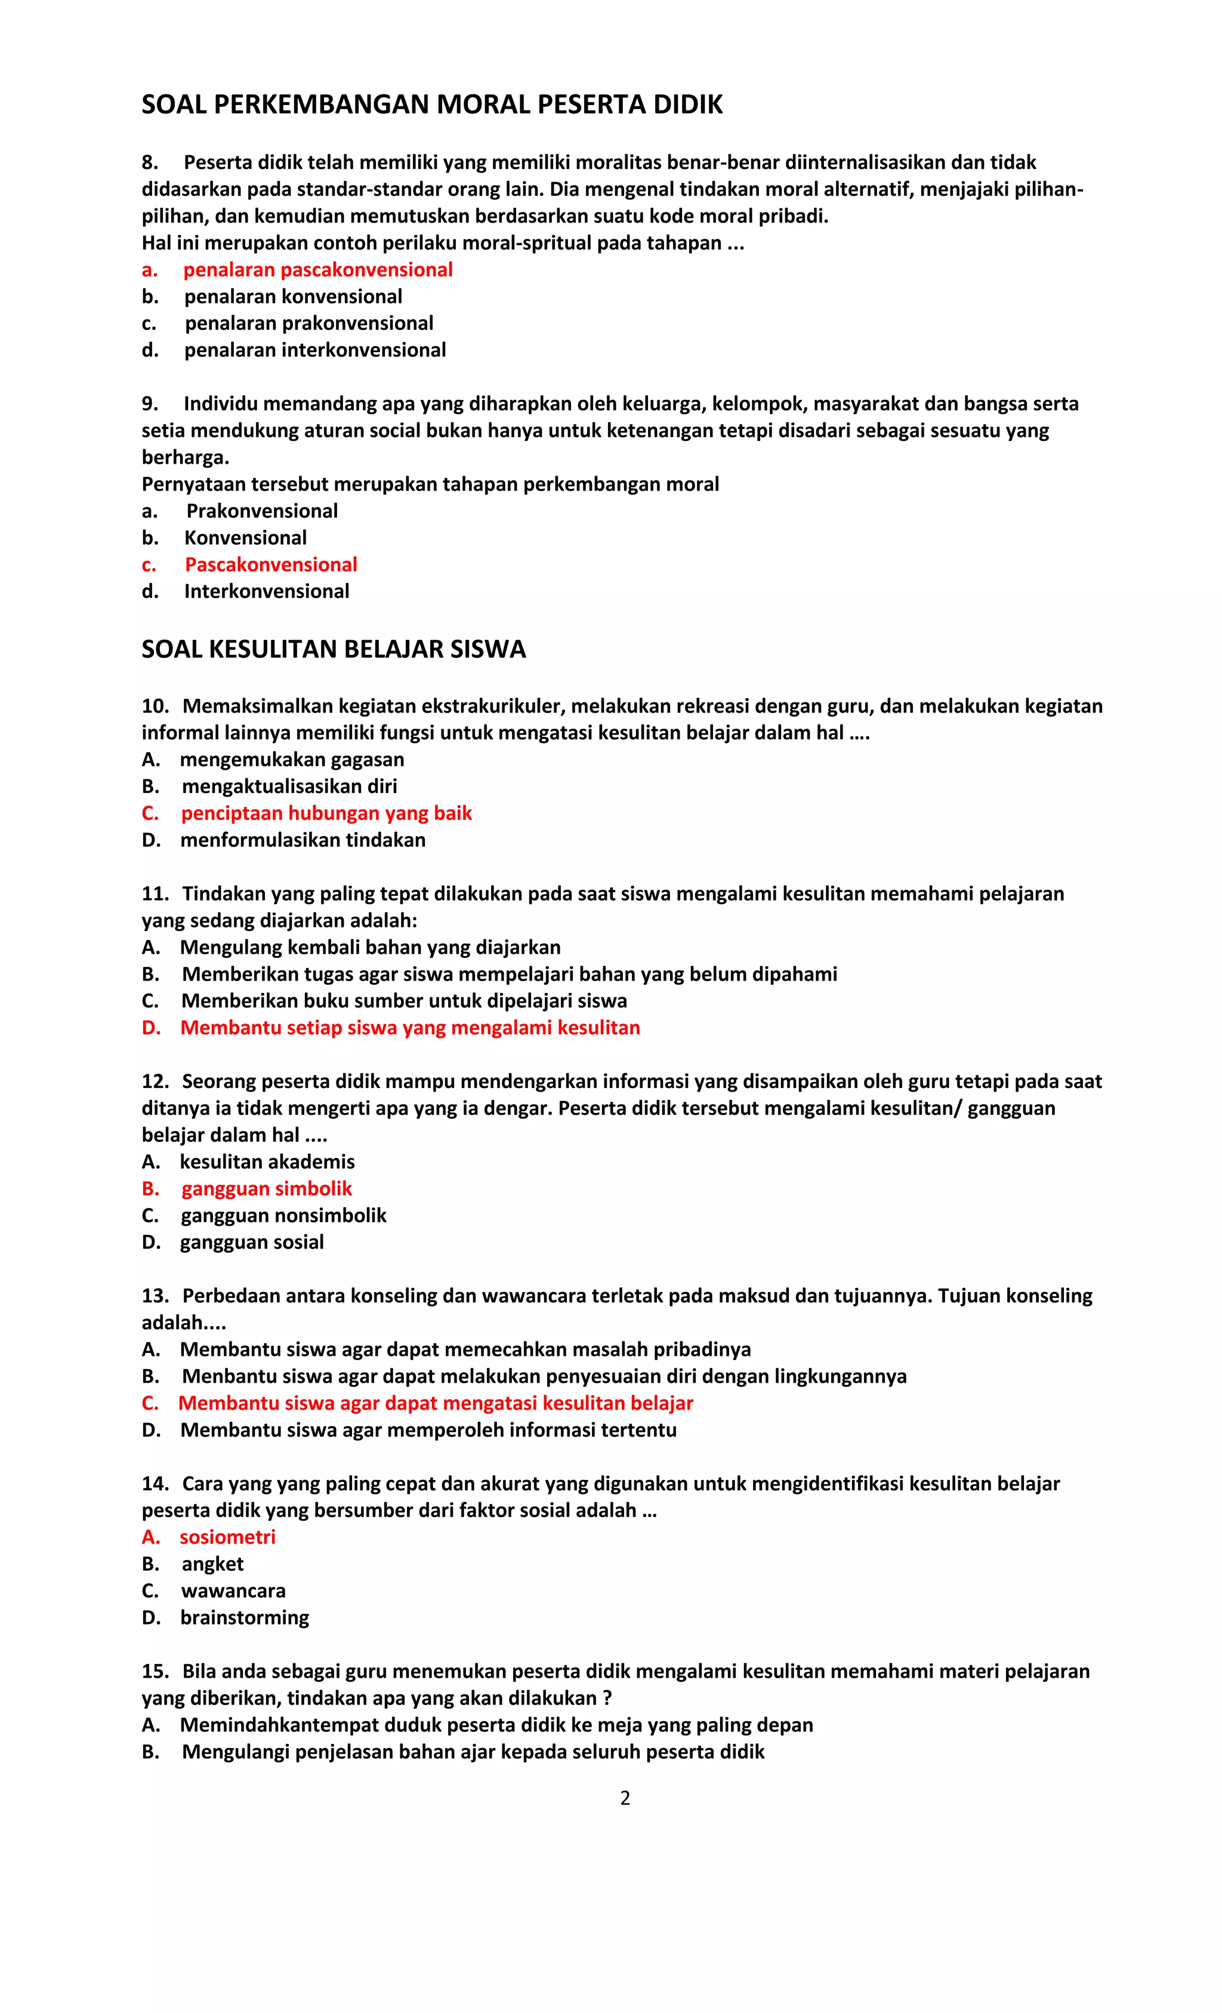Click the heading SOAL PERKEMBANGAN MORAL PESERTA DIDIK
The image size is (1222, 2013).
coord(432,104)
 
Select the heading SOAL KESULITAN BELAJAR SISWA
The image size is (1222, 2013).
coord(334,649)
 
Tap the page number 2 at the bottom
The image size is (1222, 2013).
coord(625,1798)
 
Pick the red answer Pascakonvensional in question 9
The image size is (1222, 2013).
coord(270,565)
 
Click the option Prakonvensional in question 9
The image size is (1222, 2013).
coord(261,511)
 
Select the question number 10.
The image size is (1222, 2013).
coord(155,706)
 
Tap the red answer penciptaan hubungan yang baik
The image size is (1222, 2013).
coord(326,813)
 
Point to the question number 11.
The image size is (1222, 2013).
coord(155,894)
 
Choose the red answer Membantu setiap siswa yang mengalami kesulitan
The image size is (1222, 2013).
coord(409,1028)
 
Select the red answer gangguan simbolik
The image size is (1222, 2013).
coord(266,1189)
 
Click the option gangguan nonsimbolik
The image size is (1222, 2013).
coord(283,1216)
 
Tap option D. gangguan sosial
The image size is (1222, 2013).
coord(252,1242)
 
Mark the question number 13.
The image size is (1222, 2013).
coord(155,1296)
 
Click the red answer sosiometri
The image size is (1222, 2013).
coord(227,1537)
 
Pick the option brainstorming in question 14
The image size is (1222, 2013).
coord(244,1617)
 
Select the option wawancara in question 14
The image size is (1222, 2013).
coord(233,1590)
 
